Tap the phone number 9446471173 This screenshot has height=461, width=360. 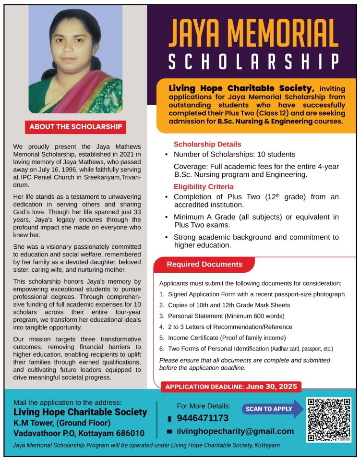point(203,418)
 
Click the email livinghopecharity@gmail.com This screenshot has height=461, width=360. point(235,431)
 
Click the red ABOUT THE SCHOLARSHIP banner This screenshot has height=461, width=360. point(76,127)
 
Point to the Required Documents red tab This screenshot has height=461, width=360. point(204,265)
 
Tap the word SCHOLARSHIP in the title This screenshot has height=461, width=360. point(254,61)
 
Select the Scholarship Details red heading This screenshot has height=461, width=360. point(207,144)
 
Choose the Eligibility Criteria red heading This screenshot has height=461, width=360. point(204,186)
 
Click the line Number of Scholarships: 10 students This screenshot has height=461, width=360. point(234,155)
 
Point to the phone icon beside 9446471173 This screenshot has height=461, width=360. point(169,419)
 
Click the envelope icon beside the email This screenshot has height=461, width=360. point(169,432)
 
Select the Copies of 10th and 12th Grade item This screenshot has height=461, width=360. point(228,305)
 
